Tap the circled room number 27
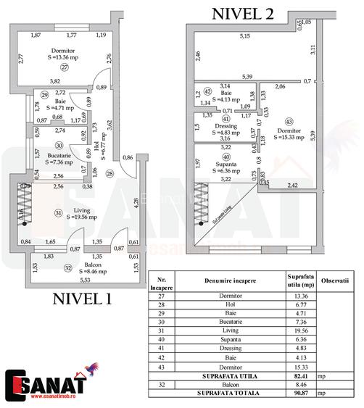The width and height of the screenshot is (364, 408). [x=64, y=67]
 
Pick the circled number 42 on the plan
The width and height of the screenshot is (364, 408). [x=207, y=92]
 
